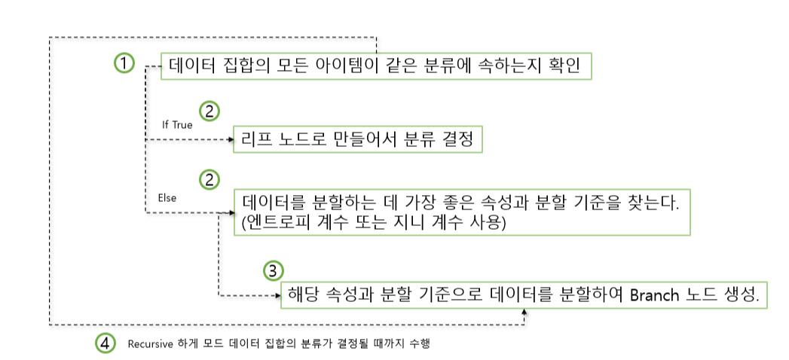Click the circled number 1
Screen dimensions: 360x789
tap(124, 63)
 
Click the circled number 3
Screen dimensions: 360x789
tap(274, 271)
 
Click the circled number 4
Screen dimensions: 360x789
tap(106, 343)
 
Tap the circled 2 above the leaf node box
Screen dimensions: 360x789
tap(210, 111)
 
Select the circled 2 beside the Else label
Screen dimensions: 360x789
tap(209, 179)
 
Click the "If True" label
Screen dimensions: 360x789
tap(177, 124)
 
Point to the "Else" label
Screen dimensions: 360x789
tap(167, 198)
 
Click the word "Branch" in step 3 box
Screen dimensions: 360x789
tap(655, 294)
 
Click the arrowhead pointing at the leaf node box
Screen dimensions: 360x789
tap(231, 139)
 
